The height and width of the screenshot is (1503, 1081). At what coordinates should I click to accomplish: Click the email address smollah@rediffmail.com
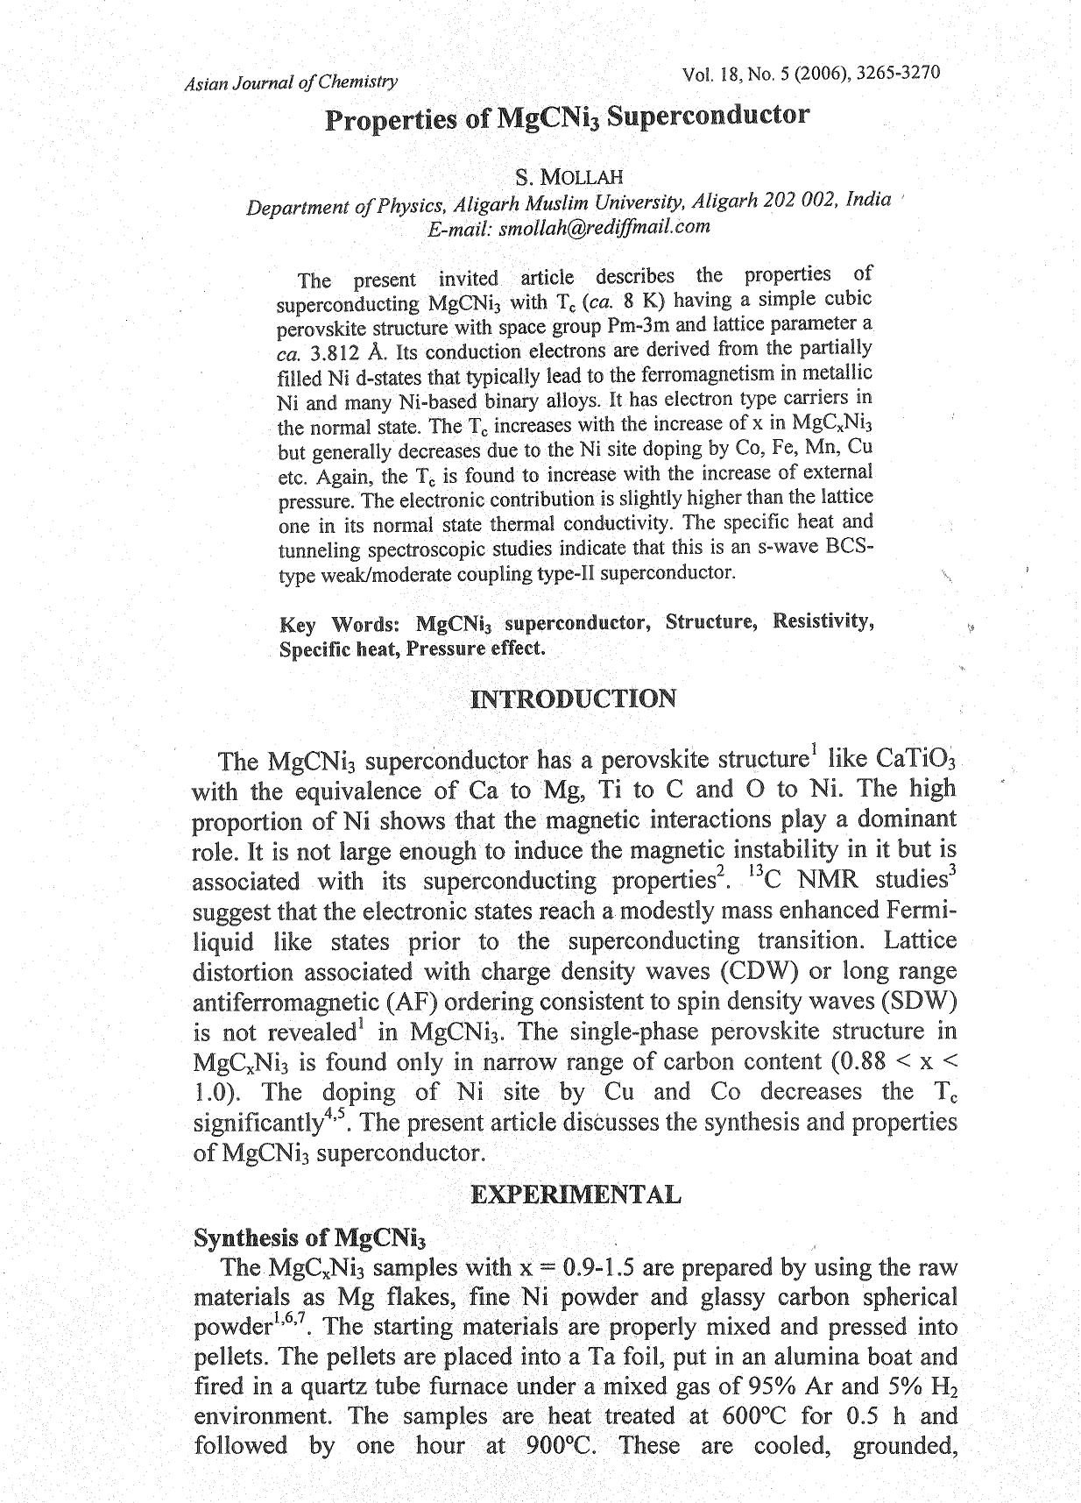604,227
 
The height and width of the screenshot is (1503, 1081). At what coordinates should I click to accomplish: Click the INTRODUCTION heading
573,699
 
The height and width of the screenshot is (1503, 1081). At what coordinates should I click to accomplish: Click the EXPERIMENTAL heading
575,1195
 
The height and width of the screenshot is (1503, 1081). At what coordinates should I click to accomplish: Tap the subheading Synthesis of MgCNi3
308,1237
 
